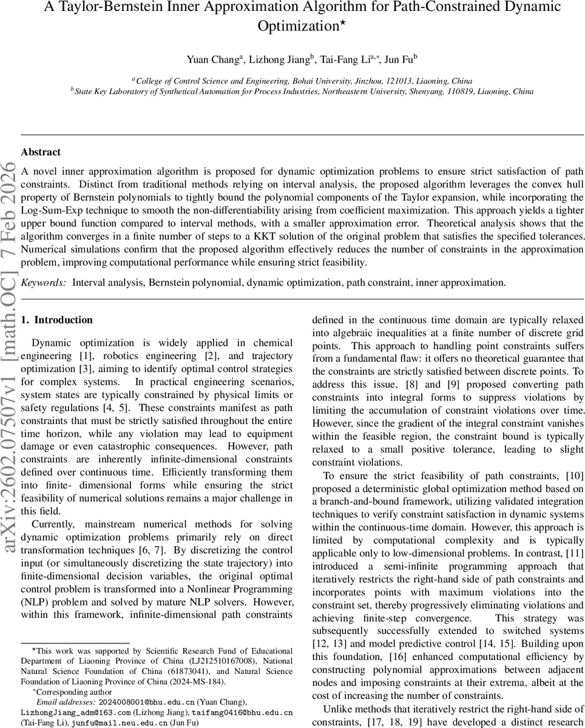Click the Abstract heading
tap(41, 152)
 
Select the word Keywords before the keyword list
tap(44, 282)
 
